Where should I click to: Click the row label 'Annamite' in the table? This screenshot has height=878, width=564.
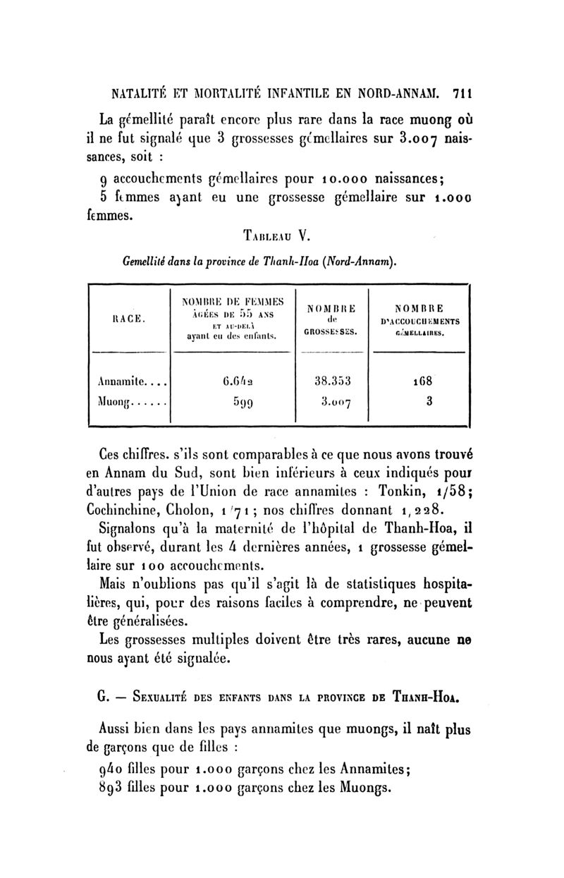pyautogui.click(x=125, y=383)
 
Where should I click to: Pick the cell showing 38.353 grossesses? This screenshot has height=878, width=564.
pyautogui.click(x=336, y=383)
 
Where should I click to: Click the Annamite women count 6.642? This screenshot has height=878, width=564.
pyautogui.click(x=235, y=383)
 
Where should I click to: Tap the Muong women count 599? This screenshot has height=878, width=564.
pyautogui.click(x=235, y=403)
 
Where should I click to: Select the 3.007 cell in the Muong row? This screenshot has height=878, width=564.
pyautogui.click(x=336, y=403)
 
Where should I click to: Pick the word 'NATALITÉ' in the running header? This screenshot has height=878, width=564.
pyautogui.click(x=132, y=92)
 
